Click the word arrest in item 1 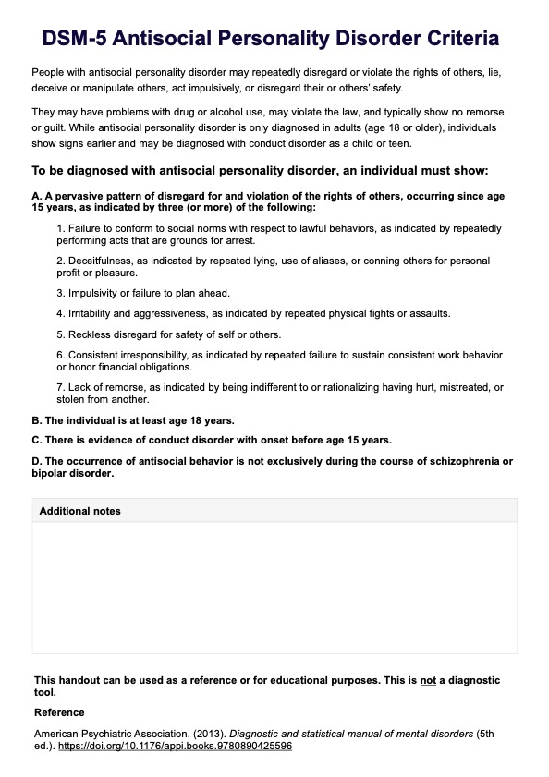pos(209,239)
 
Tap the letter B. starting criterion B pos(37,419)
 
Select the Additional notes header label pos(79,511)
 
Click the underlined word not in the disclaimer pos(428,680)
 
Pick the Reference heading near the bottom pos(59,712)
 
